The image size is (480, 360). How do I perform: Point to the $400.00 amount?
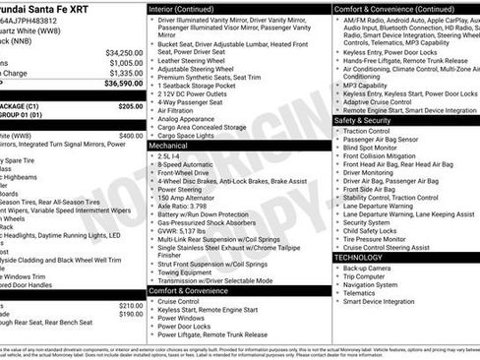[x=130, y=136]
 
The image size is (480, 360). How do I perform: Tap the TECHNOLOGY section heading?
[x=358, y=257]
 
